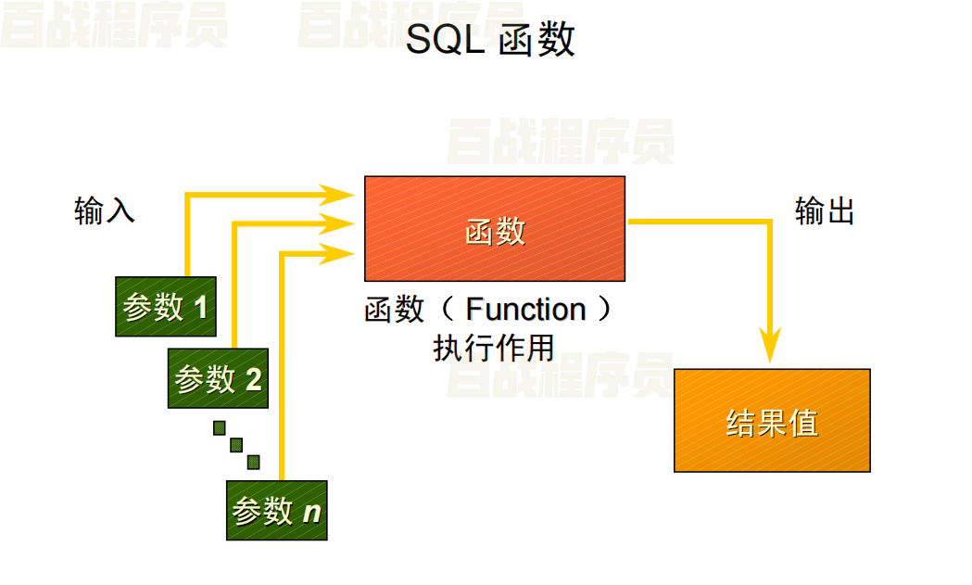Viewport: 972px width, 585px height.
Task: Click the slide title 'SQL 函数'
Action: [x=491, y=40]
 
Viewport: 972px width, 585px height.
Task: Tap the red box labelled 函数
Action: [x=495, y=229]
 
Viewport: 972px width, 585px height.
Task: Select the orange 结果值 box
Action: [x=772, y=420]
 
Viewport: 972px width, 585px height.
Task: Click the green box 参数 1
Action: [x=166, y=306]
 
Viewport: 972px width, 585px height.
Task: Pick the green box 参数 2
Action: [x=218, y=378]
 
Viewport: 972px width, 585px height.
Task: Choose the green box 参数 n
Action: [x=277, y=510]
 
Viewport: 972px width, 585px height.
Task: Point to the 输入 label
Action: [x=105, y=211]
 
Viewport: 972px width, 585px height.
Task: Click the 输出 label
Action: [x=825, y=211]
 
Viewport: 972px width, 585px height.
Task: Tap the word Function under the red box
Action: [x=525, y=309]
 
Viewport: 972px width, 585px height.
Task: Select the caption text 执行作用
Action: [x=494, y=348]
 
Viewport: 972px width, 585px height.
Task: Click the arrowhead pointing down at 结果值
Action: [x=771, y=345]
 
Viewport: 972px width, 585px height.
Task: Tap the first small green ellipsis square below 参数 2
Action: [x=220, y=427]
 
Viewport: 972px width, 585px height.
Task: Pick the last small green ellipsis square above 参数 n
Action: [x=253, y=462]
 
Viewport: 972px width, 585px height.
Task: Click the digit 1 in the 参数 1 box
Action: [x=201, y=307]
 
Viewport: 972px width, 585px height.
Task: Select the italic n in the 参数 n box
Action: [x=312, y=511]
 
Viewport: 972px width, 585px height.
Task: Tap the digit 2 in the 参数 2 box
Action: [x=253, y=379]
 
